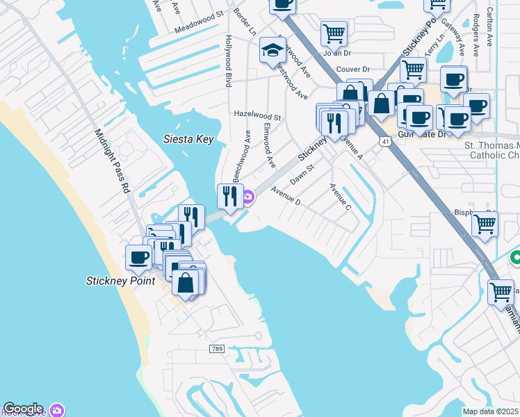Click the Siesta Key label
click(188, 139)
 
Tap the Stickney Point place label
click(120, 281)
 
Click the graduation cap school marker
click(272, 50)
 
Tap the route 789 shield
click(218, 347)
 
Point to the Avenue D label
click(285, 196)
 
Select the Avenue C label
click(341, 196)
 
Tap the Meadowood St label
click(199, 23)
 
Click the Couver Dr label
click(352, 69)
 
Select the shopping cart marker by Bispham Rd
click(485, 224)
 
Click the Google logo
click(24, 409)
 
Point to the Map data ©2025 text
click(490, 411)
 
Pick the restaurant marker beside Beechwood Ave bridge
click(230, 196)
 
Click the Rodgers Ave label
click(476, 35)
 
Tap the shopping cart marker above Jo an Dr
click(334, 32)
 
